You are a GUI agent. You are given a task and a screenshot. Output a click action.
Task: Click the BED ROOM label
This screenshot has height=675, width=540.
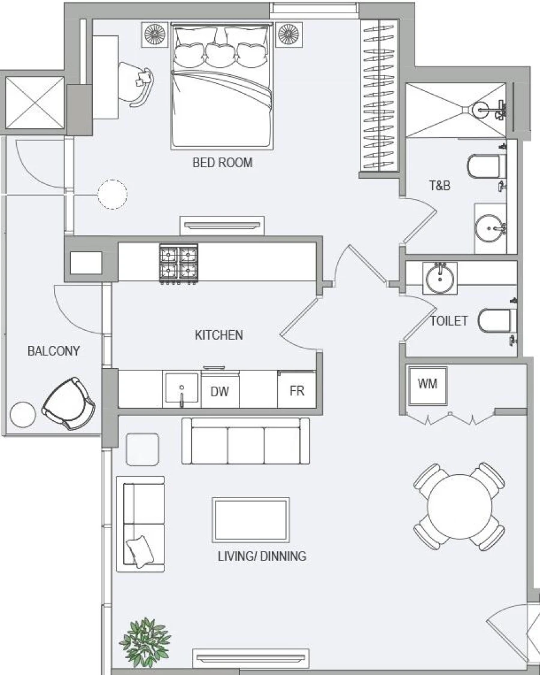pyautogui.click(x=222, y=162)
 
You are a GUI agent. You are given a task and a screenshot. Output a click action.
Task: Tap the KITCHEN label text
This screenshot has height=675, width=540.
pyautogui.click(x=219, y=335)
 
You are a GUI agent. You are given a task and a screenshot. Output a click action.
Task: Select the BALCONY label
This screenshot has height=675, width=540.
pyautogui.click(x=53, y=351)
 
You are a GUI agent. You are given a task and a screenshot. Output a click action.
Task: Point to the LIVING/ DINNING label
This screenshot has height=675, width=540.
pyautogui.click(x=262, y=556)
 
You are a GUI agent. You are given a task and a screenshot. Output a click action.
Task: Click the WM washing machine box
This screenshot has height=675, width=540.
pyautogui.click(x=427, y=384)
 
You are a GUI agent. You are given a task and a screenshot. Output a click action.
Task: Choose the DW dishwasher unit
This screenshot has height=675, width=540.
pyautogui.click(x=220, y=391)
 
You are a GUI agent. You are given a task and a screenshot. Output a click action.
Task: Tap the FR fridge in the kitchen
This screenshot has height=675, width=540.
pyautogui.click(x=297, y=391)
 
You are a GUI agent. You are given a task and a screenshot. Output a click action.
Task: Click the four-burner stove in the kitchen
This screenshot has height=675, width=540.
pyautogui.click(x=178, y=263)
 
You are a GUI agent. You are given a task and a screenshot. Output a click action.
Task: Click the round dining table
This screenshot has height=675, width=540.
pyautogui.click(x=459, y=507)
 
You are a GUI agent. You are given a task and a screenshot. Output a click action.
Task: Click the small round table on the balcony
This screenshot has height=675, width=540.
pyautogui.click(x=23, y=414)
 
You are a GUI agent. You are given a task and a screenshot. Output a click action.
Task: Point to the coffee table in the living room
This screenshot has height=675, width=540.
pyautogui.click(x=251, y=520)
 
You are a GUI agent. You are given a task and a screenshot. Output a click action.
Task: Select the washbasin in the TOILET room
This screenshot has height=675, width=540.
pyautogui.click(x=440, y=278)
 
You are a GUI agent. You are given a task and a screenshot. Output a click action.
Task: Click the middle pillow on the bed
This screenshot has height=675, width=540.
pyautogui.click(x=222, y=53)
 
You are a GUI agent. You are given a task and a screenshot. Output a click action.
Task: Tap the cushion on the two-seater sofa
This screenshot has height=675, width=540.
pyautogui.click(x=139, y=550)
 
